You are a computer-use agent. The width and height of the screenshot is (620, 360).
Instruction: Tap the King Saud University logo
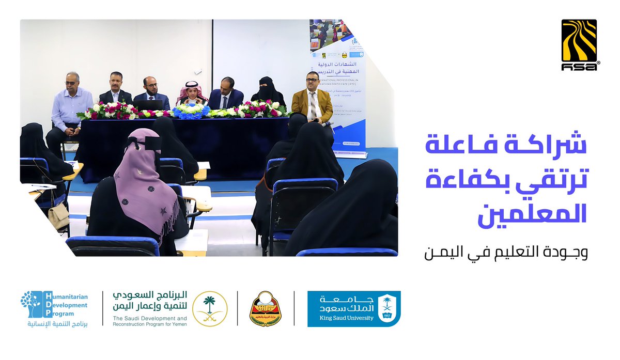[353, 309]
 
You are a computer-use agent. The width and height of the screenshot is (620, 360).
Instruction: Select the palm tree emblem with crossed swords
[210, 309]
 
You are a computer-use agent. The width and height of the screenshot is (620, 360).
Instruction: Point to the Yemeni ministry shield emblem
[265, 309]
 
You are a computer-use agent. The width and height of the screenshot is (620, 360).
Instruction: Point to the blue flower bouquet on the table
[192, 109]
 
